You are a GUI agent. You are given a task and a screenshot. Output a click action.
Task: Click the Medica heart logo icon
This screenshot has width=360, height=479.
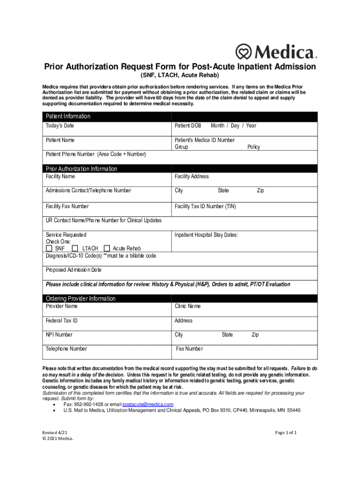click(x=243, y=51)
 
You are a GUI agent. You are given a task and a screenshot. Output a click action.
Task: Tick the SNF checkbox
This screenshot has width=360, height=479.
click(x=50, y=248)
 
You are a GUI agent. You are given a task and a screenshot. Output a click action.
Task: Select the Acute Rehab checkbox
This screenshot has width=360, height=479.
click(x=107, y=248)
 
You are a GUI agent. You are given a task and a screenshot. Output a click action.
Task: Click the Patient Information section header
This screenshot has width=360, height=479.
click(x=68, y=116)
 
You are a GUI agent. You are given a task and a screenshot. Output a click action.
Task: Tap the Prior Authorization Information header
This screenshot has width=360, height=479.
click(x=81, y=168)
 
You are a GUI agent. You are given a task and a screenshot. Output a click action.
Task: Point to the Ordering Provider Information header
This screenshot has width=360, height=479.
click(x=80, y=298)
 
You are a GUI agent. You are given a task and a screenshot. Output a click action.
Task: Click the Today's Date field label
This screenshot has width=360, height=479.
click(x=60, y=126)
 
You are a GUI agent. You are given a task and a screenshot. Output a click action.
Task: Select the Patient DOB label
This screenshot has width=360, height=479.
click(x=188, y=126)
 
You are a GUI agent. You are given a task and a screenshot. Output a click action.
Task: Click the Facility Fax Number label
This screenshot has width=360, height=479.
click(x=67, y=206)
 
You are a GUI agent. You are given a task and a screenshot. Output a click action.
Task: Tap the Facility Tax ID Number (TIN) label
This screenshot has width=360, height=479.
click(x=205, y=206)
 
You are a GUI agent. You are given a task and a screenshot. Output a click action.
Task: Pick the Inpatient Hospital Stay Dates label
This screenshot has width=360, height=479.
click(x=207, y=235)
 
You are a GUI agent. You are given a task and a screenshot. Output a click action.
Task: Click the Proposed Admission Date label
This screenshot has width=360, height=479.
click(x=73, y=270)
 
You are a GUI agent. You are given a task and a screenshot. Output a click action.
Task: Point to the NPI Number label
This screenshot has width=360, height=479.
click(x=59, y=335)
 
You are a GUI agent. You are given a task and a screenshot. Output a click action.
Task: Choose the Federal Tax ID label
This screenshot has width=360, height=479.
click(x=62, y=321)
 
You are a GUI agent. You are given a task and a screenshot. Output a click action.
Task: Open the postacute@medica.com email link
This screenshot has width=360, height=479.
click(x=148, y=404)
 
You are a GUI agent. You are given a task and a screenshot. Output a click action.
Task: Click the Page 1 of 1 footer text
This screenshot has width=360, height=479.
click(x=286, y=433)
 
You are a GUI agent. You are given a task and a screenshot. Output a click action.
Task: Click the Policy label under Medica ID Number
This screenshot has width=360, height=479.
click(x=254, y=147)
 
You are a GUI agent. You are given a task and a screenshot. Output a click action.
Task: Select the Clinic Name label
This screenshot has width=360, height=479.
click(x=187, y=306)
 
